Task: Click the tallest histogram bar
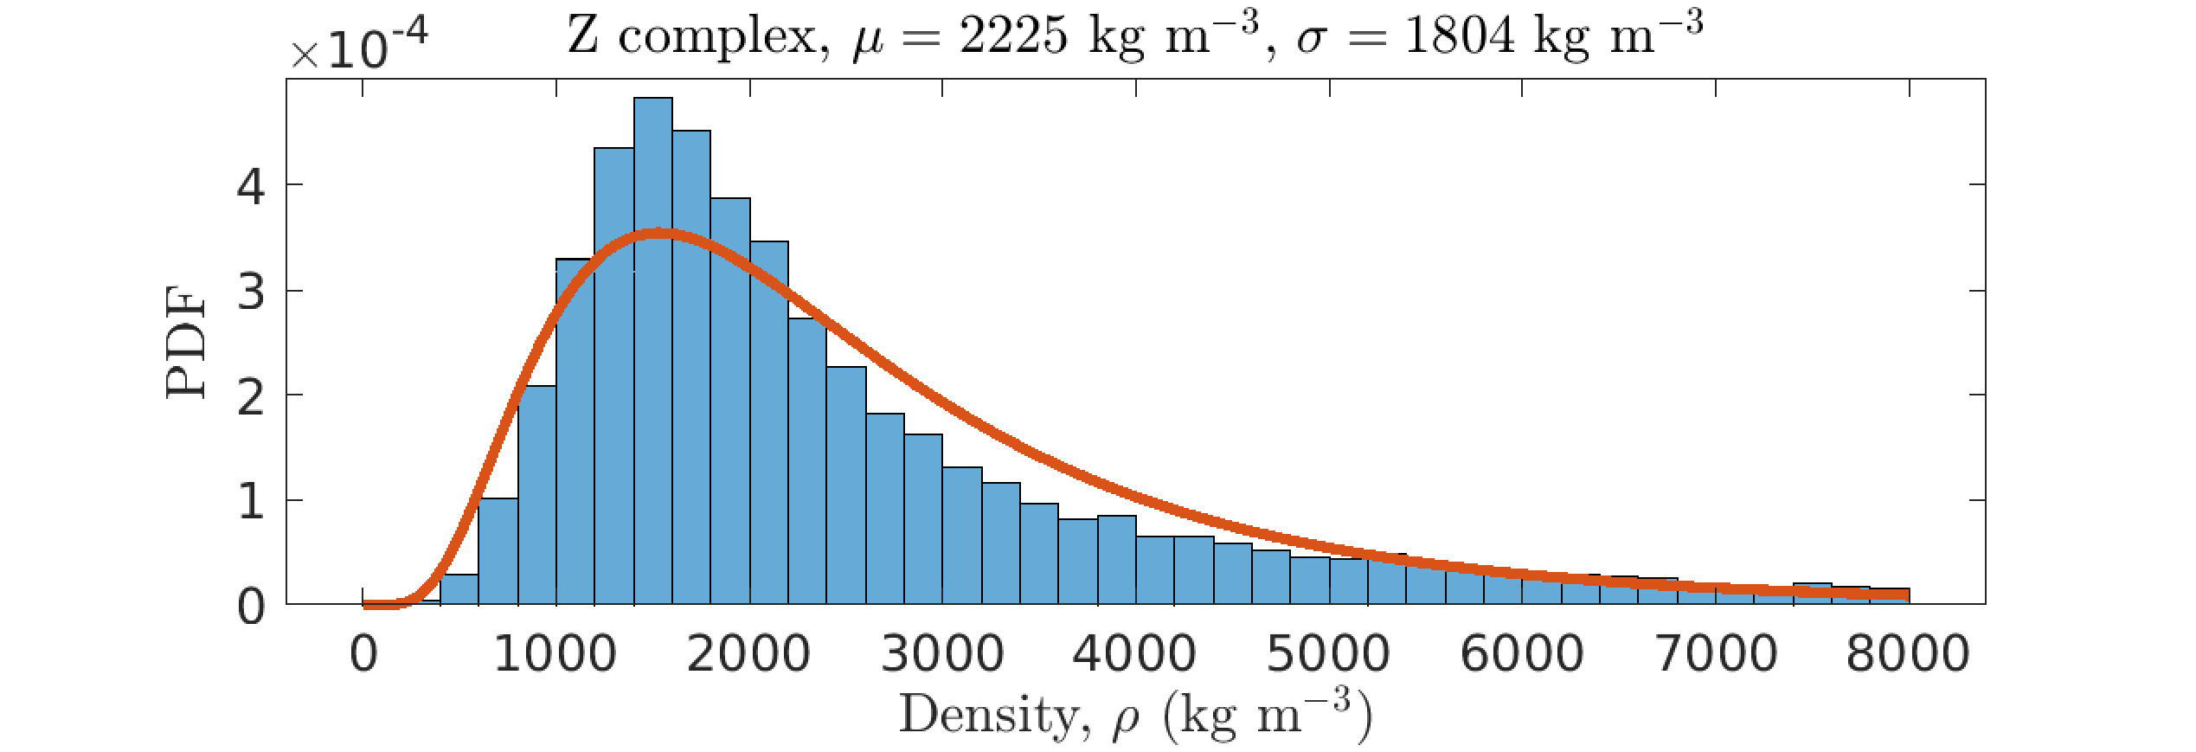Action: (x=653, y=346)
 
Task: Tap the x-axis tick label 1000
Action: (x=555, y=653)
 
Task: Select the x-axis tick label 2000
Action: (x=748, y=653)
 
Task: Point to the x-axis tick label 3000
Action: (x=942, y=653)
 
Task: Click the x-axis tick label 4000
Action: (x=1134, y=653)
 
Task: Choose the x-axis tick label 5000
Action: (x=1328, y=653)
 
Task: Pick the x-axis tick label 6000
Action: (x=1522, y=653)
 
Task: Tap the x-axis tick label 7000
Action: (x=1716, y=653)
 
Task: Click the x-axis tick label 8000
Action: (x=1908, y=653)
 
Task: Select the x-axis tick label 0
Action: (x=363, y=653)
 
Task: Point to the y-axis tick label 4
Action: (x=251, y=186)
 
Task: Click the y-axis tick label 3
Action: (x=251, y=292)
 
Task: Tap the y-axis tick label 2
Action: (x=251, y=397)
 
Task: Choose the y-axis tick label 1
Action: (x=251, y=502)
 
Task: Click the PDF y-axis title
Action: (x=186, y=342)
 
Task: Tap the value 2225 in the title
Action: (x=1013, y=36)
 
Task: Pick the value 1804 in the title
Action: (x=1460, y=36)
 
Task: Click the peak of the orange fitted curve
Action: (x=659, y=234)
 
